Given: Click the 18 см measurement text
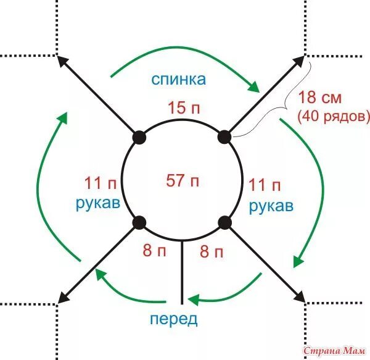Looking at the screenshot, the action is pyautogui.click(x=319, y=98).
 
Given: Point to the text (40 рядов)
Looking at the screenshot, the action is pyautogui.click(x=333, y=115).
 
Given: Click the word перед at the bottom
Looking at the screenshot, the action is pyautogui.click(x=173, y=319).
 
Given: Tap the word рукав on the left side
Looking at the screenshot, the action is pyautogui.click(x=97, y=204).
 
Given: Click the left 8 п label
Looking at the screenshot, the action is pyautogui.click(x=155, y=251).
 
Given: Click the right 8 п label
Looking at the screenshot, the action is pyautogui.click(x=213, y=251).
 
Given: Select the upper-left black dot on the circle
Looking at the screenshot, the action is pyautogui.click(x=139, y=136).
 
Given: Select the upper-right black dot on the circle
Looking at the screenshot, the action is pyautogui.click(x=224, y=136).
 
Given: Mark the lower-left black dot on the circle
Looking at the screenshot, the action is pyautogui.click(x=139, y=222).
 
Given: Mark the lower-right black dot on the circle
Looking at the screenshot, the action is pyautogui.click(x=224, y=222).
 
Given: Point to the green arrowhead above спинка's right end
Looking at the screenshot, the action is pyautogui.click(x=253, y=87).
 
